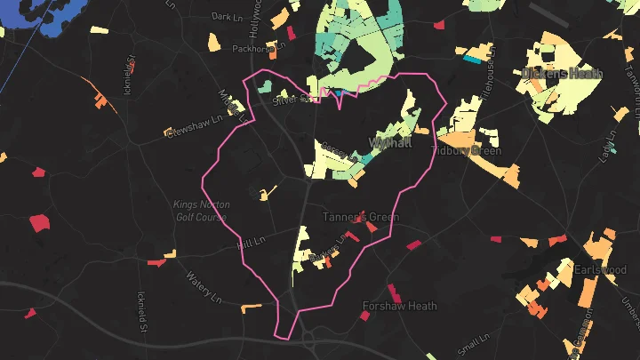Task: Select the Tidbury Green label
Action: click(467, 151)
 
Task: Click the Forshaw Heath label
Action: click(399, 306)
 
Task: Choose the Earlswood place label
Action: click(599, 269)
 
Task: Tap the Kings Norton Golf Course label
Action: click(199, 210)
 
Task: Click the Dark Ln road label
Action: click(227, 17)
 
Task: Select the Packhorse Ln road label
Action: click(257, 48)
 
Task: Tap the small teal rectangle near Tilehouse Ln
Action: click(471, 60)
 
